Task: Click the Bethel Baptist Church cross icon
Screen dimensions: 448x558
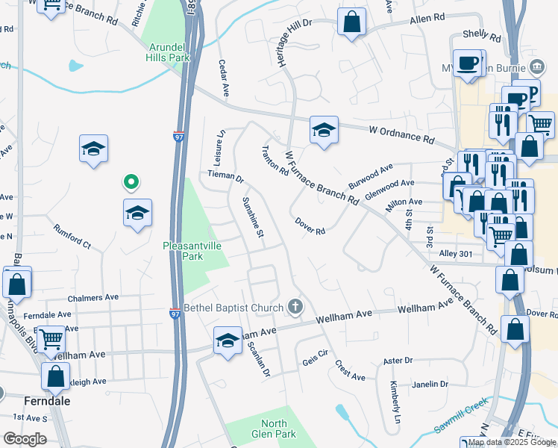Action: coord(295,307)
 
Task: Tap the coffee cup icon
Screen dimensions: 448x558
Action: coord(468,65)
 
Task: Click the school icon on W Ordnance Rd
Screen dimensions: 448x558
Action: coord(325,131)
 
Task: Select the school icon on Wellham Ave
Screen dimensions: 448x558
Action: coord(228,341)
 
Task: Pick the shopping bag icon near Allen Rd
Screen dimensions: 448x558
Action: coord(351,22)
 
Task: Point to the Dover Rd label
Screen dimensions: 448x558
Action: coord(310,226)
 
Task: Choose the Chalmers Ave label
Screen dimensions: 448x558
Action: coord(93,297)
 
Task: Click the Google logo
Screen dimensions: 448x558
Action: coord(25,439)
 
